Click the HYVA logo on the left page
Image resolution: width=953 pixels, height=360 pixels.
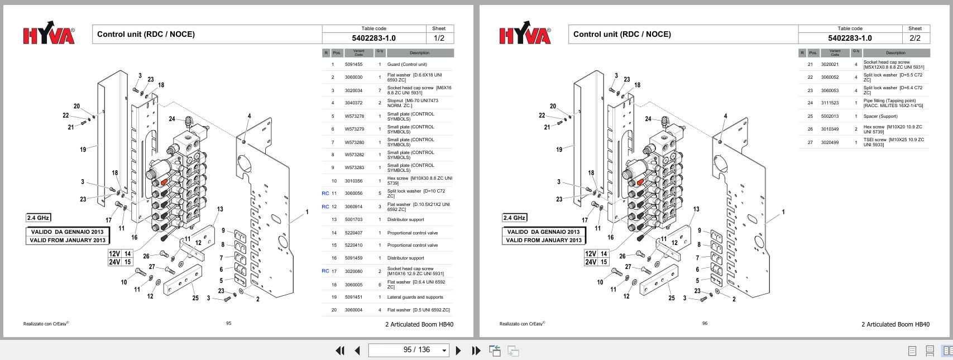coord(49,35)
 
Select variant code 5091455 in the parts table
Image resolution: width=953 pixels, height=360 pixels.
coord(353,65)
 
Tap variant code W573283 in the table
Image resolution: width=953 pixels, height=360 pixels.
coord(354,168)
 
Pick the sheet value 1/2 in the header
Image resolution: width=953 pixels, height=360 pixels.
coord(439,38)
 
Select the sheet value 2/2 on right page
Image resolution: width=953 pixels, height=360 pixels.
coord(915,38)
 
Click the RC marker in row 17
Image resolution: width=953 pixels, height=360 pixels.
coord(325,271)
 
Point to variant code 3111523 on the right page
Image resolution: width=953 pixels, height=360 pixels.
coord(830,103)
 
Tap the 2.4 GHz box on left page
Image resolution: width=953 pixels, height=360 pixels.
coord(38,218)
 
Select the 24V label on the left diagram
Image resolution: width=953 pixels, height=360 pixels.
coord(114,262)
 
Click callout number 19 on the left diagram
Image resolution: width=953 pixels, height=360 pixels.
coord(83,149)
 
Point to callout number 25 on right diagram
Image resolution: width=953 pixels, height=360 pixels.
coord(671,298)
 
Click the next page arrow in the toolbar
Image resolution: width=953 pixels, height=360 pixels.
coord(458,351)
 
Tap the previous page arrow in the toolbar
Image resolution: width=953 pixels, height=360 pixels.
coord(357,351)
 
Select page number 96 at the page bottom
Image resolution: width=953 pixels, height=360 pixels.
coord(705,323)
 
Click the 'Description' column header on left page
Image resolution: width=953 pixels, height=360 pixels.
coord(419,53)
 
